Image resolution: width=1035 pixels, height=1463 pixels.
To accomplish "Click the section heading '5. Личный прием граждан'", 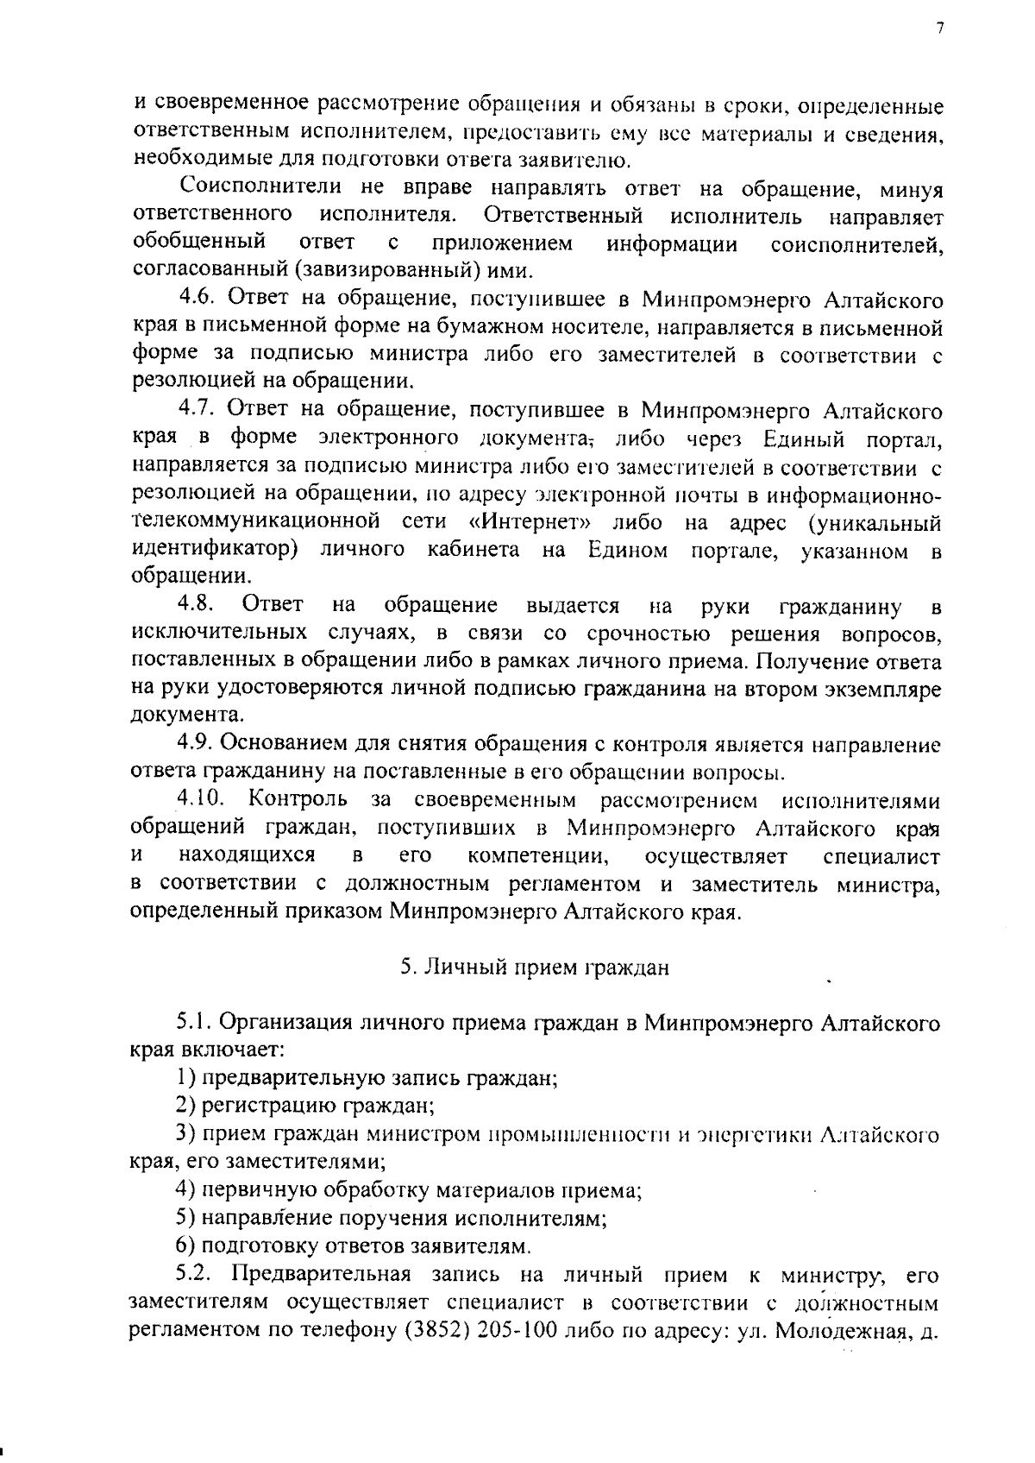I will pos(535,968).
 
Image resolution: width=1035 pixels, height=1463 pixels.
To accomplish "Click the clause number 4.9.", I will pos(198,743).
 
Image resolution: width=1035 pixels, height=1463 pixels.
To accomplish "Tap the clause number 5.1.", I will pos(196,1024).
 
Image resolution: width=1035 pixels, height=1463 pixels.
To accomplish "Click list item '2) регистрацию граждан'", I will pos(304,1106).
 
